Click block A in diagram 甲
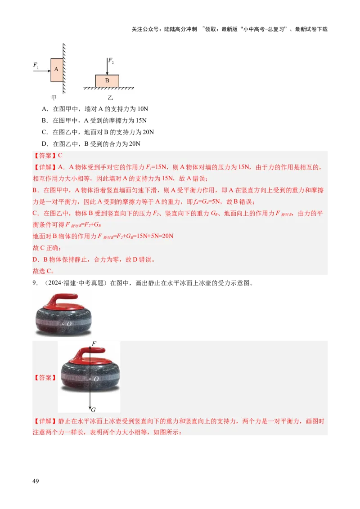pos(57,70)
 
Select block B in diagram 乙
pos(107,81)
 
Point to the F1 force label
pos(36,65)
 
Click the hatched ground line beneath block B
pos(109,89)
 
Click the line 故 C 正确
pos(47,248)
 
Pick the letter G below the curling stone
pos(93,410)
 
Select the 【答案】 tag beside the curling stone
pos(45,378)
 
